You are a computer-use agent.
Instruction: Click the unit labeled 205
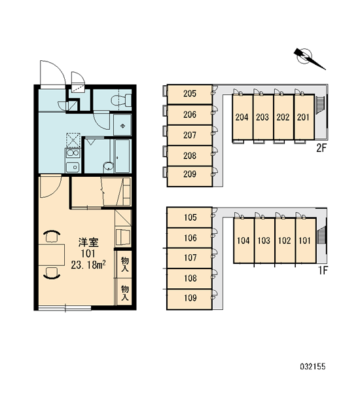190,94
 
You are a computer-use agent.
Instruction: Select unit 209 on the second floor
190,176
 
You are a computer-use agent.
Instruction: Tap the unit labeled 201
304,117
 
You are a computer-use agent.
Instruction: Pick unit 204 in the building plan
242,117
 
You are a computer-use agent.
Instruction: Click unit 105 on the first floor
190,217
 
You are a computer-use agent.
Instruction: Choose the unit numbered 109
190,299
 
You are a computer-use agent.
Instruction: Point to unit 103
264,240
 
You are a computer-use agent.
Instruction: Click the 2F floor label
321,149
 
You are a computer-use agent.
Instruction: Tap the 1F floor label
323,271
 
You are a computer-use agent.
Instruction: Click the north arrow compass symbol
308,58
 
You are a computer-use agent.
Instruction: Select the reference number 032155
313,367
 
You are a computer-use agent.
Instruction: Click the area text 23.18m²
88,265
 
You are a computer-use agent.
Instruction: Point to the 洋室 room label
88,242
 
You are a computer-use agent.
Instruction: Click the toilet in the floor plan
121,100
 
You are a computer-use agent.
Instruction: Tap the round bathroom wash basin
109,166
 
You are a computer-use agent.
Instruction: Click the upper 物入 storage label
125,264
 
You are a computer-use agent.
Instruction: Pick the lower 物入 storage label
125,293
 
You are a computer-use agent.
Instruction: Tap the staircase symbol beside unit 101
321,234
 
